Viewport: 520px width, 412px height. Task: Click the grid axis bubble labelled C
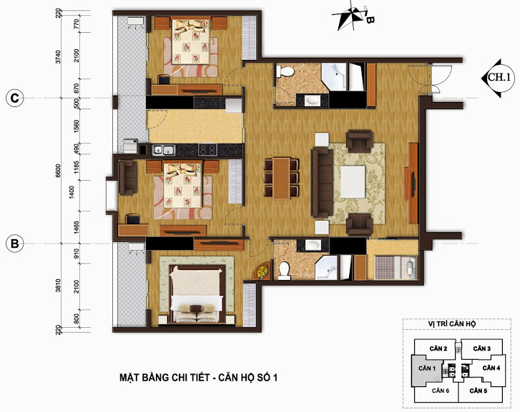coord(14,99)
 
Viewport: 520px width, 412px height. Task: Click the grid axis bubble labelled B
coord(14,243)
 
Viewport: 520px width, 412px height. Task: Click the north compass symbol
coord(352,17)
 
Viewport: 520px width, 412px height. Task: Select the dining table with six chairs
coord(282,179)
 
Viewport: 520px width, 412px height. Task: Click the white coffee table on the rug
coord(353,182)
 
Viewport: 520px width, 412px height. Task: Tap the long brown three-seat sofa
coord(322,183)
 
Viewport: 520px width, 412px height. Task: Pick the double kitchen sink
coord(164,150)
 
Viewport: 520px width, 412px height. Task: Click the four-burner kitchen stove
coord(207,150)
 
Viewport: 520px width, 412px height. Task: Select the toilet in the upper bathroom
coord(285,71)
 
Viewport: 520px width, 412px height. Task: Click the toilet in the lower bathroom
coord(284,270)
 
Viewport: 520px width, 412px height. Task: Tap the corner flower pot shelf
coord(262,271)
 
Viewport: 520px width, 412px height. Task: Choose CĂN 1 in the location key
coord(427,368)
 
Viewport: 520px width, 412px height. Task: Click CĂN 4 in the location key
coord(491,368)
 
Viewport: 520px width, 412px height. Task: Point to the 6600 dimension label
coord(59,171)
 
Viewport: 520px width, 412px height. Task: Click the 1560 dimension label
coord(77,126)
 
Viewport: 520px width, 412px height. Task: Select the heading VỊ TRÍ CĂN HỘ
coord(451,323)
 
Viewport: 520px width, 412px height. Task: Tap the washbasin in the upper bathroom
coord(313,101)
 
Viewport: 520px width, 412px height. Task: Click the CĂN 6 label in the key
coord(441,391)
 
